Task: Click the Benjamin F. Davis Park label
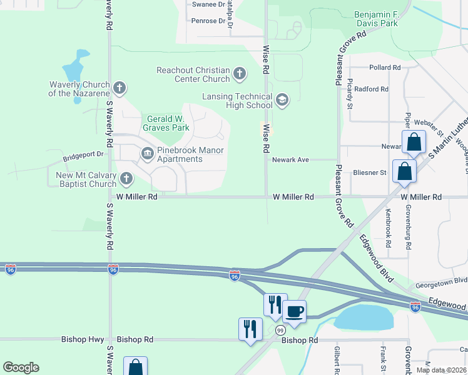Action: tap(375, 19)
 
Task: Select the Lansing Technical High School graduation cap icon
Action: tap(282, 101)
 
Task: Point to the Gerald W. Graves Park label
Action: tap(168, 123)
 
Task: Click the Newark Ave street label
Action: tap(290, 160)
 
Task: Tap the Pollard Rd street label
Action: tap(384, 67)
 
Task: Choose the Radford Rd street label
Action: tap(371, 89)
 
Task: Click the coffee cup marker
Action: tap(294, 311)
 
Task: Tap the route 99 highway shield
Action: tap(280, 329)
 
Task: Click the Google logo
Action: tap(21, 367)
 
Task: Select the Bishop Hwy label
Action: tap(82, 339)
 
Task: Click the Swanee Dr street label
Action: tap(208, 4)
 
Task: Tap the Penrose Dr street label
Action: tap(208, 21)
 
